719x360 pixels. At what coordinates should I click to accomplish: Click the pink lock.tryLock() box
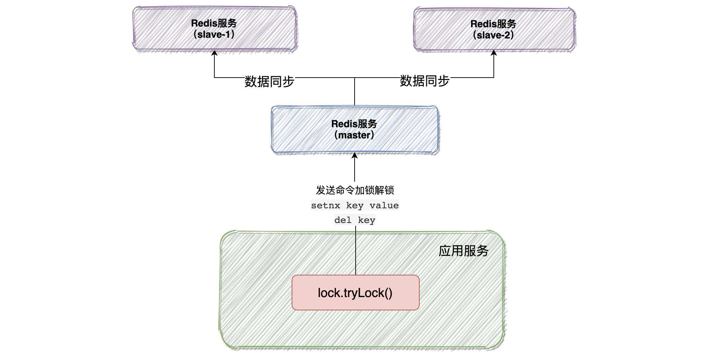tap(355, 293)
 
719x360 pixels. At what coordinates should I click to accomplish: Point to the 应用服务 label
tap(463, 251)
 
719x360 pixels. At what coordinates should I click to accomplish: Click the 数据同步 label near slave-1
tap(269, 81)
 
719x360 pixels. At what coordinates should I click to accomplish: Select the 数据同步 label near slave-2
tap(425, 81)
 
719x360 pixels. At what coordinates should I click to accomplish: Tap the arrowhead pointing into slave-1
tap(214, 53)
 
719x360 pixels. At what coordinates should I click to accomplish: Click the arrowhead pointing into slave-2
tap(494, 53)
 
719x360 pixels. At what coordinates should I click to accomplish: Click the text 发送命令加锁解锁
tap(355, 190)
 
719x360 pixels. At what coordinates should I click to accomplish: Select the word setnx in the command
tap(325, 206)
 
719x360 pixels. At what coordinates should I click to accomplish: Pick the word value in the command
tap(384, 206)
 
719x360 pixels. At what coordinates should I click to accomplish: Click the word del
tap(343, 220)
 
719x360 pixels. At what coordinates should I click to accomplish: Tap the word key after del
tap(366, 220)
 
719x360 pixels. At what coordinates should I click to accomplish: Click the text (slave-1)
tap(214, 35)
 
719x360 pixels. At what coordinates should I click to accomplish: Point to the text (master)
tap(354, 135)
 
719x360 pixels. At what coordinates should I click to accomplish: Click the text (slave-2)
tap(493, 35)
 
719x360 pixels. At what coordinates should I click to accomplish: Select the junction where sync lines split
tap(355, 78)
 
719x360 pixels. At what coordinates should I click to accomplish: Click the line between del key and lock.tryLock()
tap(356, 250)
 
